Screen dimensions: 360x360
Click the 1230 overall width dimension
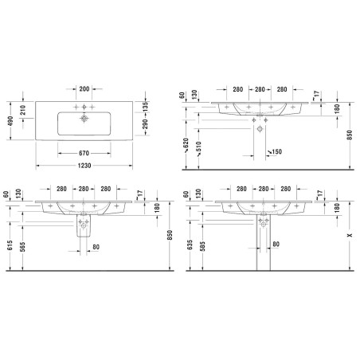[84, 166]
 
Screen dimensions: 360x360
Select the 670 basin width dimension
[84, 153]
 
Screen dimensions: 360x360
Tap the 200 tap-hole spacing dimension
[84, 88]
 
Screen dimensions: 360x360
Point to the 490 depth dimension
[10, 121]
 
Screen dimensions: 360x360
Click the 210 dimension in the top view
[23, 110]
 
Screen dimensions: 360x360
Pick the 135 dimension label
[145, 107]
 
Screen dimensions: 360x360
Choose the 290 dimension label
[145, 124]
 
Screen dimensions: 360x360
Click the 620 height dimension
[186, 143]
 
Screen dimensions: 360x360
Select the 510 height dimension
[199, 147]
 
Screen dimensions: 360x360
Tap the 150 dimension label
[276, 151]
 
